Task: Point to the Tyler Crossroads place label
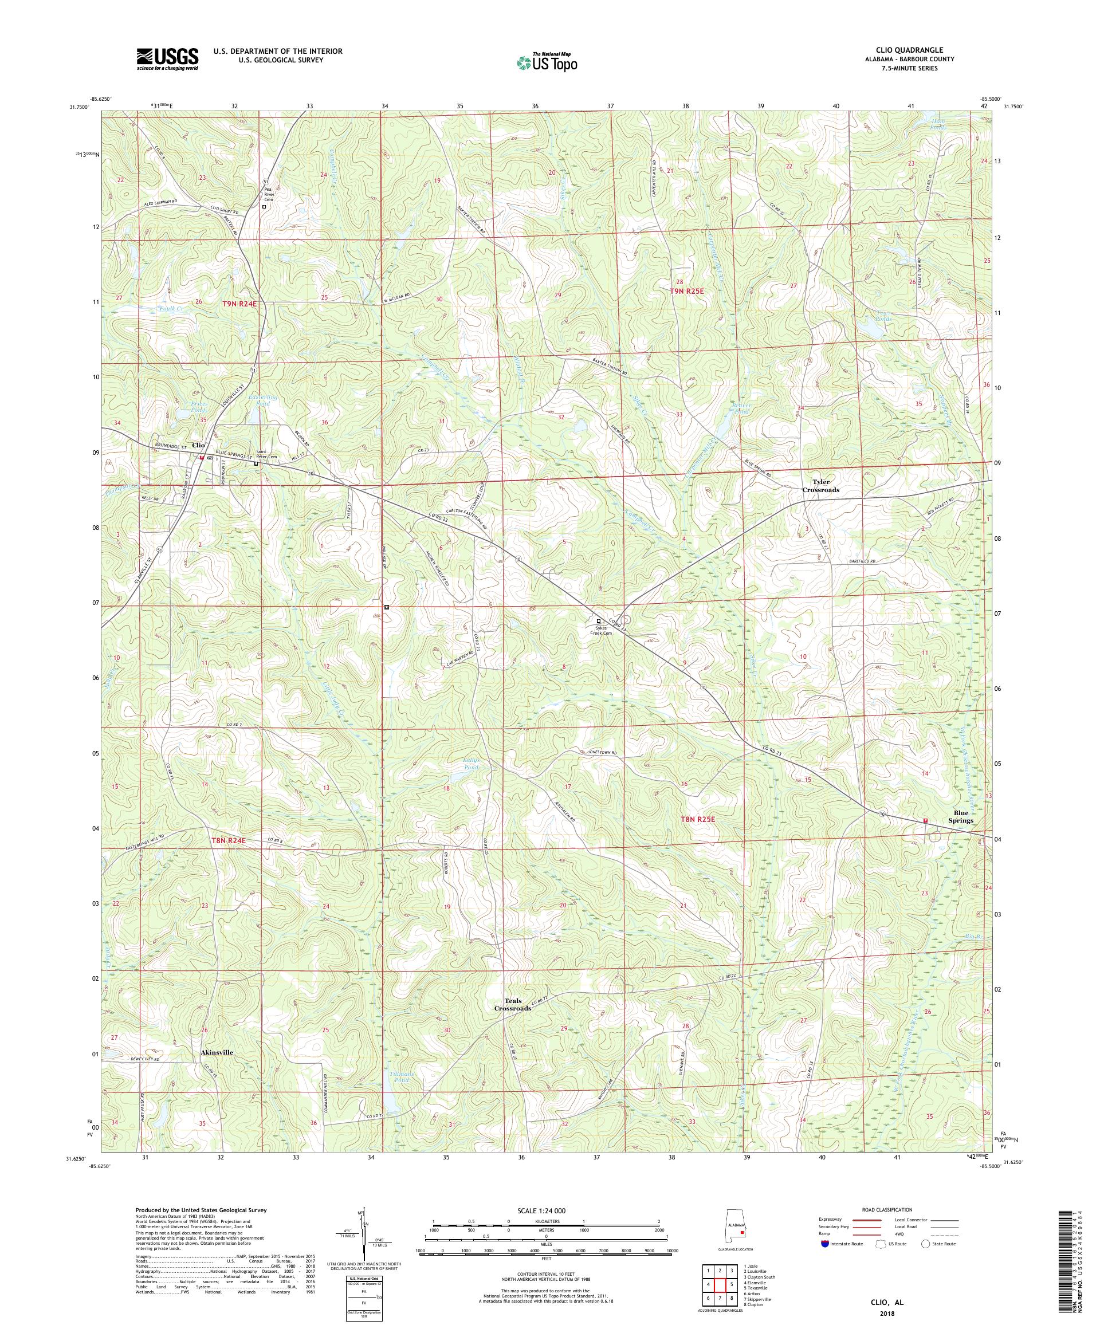[x=821, y=486]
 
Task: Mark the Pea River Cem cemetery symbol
[x=264, y=206]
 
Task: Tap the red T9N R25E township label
[x=687, y=291]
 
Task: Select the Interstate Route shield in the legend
[x=824, y=1244]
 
